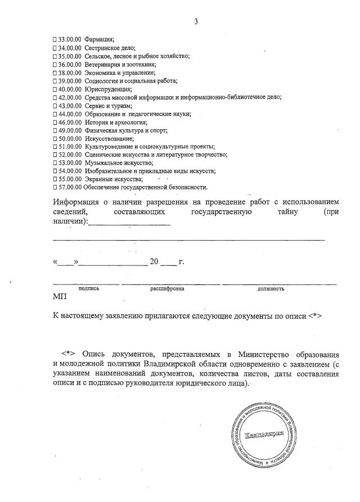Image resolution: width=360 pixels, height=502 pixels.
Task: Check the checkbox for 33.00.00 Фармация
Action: pos(55,39)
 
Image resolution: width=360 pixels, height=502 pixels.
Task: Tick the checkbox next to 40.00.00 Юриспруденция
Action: pos(55,89)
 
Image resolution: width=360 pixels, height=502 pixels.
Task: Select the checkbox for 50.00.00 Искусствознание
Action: pos(55,138)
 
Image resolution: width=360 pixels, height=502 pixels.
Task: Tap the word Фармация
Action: pos(100,39)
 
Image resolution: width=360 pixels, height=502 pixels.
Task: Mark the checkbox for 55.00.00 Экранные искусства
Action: pos(55,179)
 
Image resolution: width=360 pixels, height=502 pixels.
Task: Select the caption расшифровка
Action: pos(167,288)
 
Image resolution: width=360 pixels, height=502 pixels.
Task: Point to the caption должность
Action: pos(271,288)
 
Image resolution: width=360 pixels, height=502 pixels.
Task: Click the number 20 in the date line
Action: pos(155,262)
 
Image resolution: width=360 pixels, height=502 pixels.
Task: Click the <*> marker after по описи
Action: pos(314,316)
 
